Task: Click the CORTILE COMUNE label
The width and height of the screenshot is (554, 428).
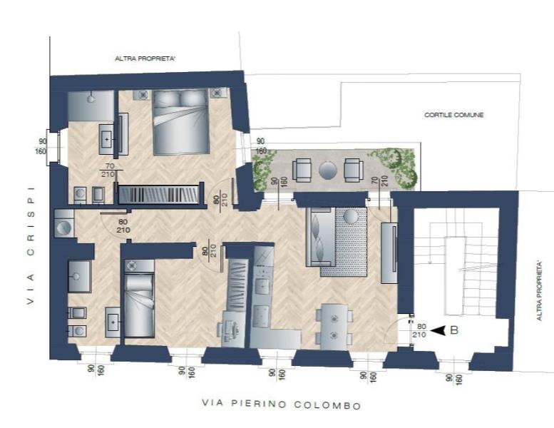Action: pos(454,115)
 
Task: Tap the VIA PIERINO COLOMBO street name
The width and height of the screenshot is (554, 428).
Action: pos(282,404)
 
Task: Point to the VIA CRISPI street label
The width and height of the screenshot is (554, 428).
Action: pos(31,245)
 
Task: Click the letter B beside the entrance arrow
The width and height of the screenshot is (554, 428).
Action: pos(454,330)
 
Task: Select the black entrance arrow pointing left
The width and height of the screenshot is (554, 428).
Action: pos(438,330)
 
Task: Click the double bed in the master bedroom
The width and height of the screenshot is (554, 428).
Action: pos(181,122)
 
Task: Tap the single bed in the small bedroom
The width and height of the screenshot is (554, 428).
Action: pos(140,299)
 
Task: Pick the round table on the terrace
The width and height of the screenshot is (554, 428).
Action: pos(328,170)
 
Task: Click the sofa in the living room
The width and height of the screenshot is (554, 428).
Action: pos(320,236)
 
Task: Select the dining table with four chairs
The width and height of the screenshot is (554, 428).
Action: pos(334,327)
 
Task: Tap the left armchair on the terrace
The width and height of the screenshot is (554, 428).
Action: pos(302,170)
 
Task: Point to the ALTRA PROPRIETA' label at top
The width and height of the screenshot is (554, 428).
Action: pos(145,58)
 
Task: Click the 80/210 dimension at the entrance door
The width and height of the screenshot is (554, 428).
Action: pos(419,330)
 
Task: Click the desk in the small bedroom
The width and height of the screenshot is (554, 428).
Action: pos(232,330)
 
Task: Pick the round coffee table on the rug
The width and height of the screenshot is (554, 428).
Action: pos(352,216)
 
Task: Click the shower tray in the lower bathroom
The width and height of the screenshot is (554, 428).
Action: pos(79,276)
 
